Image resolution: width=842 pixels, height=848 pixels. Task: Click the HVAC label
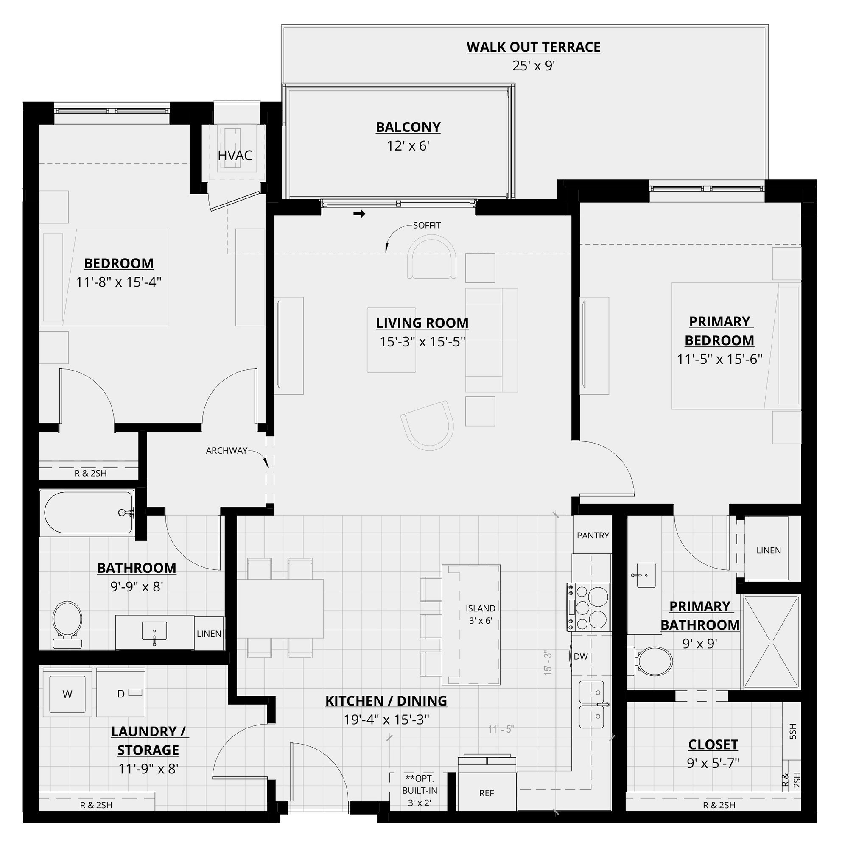(x=235, y=155)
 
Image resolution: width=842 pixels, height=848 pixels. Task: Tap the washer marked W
(x=67, y=694)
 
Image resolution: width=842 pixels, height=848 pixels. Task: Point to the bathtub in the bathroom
(x=87, y=512)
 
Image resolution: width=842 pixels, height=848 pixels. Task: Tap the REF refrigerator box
(x=487, y=793)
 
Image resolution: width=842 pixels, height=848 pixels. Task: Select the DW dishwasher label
(x=580, y=657)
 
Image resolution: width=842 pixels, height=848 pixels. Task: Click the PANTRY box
(x=593, y=536)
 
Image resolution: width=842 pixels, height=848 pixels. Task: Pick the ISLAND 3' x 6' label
(x=480, y=614)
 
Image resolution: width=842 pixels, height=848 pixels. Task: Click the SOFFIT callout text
(x=426, y=225)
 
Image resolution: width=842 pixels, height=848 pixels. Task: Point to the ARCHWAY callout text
(x=227, y=450)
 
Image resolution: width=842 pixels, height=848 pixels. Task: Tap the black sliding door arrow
(x=360, y=214)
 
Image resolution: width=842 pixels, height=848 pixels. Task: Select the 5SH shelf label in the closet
(x=792, y=731)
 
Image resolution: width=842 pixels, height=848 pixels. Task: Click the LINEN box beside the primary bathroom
(x=768, y=550)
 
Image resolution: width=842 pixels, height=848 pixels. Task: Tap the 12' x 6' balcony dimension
(x=408, y=146)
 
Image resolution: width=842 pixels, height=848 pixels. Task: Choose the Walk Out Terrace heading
(x=533, y=47)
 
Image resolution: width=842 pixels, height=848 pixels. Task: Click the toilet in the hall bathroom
(x=67, y=623)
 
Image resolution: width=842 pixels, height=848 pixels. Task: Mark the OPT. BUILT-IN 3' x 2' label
(x=419, y=790)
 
